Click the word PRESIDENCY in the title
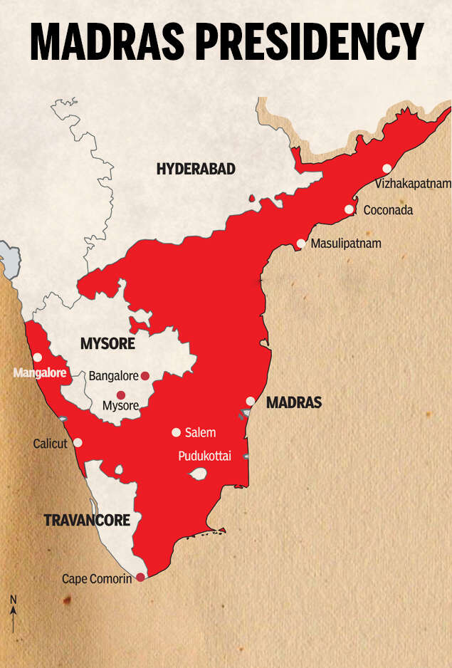click(x=312, y=43)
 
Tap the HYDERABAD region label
click(x=196, y=169)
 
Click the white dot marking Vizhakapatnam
click(x=387, y=169)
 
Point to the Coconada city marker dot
click(x=349, y=209)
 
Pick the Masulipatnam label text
click(x=346, y=244)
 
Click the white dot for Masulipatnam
click(x=301, y=244)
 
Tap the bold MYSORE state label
click(x=107, y=345)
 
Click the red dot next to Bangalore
click(x=145, y=375)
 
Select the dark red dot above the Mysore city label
click(x=120, y=395)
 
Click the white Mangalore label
click(x=40, y=372)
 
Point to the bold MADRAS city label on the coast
click(x=294, y=403)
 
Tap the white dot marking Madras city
click(x=251, y=401)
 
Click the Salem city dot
click(x=176, y=432)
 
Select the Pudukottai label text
click(x=204, y=456)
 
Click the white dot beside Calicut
click(x=78, y=442)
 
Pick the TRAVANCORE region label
click(x=87, y=521)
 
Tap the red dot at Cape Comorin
click(x=140, y=577)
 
